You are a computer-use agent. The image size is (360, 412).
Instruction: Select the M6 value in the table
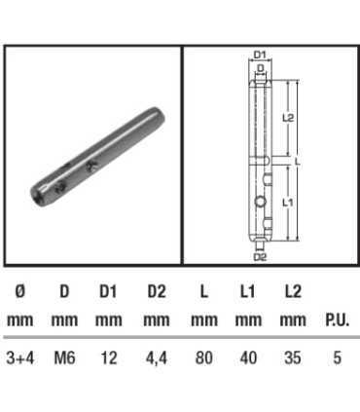coord(63,358)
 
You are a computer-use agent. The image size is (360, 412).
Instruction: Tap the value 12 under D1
coord(109,358)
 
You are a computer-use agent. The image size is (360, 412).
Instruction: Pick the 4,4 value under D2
coord(156,358)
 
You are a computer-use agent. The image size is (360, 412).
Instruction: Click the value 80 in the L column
coord(203,358)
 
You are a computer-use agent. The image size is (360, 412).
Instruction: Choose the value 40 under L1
coord(248,358)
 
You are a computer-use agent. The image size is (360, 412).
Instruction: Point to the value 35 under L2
coord(292,358)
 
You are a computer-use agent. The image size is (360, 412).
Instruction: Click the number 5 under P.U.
coord(337,358)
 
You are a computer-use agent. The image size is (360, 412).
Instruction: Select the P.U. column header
coord(337,319)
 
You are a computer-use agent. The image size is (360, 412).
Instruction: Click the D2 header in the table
coord(156,291)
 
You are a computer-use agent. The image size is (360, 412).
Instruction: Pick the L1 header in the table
coord(248,291)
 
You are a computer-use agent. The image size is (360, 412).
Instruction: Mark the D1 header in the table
coord(109,291)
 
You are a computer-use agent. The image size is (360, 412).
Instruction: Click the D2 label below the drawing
coord(260,257)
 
